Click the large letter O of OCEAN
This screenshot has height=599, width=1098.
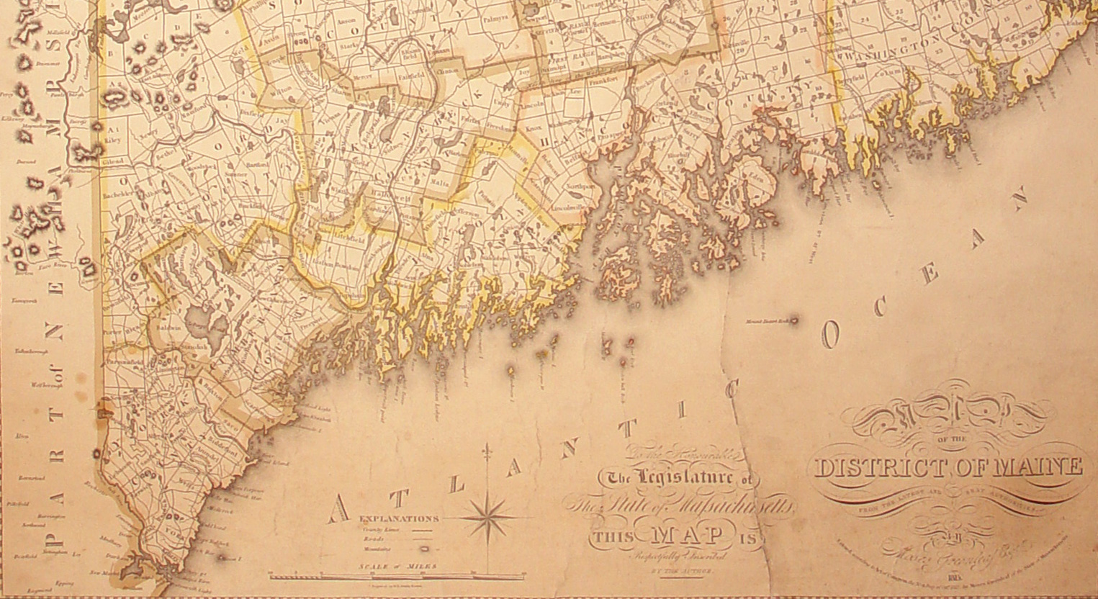click(831, 335)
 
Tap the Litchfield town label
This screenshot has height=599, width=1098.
click(346, 235)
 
